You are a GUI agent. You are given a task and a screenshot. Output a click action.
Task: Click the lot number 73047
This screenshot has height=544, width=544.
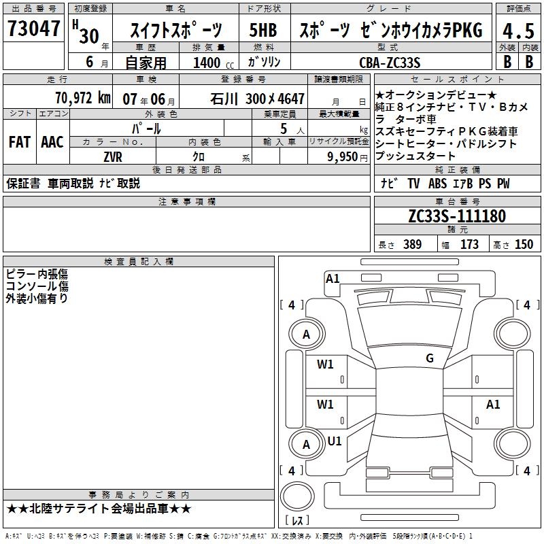pyautogui.click(x=33, y=28)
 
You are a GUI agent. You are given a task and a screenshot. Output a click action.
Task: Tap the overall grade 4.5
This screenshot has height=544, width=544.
pyautogui.click(x=518, y=31)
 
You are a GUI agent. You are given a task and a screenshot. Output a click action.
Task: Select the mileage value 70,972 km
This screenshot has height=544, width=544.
pyautogui.click(x=83, y=98)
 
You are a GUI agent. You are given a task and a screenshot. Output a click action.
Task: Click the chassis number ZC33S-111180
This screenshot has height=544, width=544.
pyautogui.click(x=457, y=216)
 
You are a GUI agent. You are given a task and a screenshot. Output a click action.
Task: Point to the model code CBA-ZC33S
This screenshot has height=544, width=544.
pyautogui.click(x=390, y=63)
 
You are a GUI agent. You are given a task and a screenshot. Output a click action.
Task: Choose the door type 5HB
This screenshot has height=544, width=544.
pyautogui.click(x=263, y=30)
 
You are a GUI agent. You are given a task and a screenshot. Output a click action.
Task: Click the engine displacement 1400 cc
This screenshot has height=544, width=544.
pyautogui.click(x=214, y=63)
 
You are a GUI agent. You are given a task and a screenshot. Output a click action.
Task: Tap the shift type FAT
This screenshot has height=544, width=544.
pyautogui.click(x=20, y=142)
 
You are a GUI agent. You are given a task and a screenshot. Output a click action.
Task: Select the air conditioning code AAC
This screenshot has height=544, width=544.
pyautogui.click(x=52, y=142)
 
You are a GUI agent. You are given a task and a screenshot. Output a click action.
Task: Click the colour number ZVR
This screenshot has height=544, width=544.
pyautogui.click(x=113, y=157)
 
